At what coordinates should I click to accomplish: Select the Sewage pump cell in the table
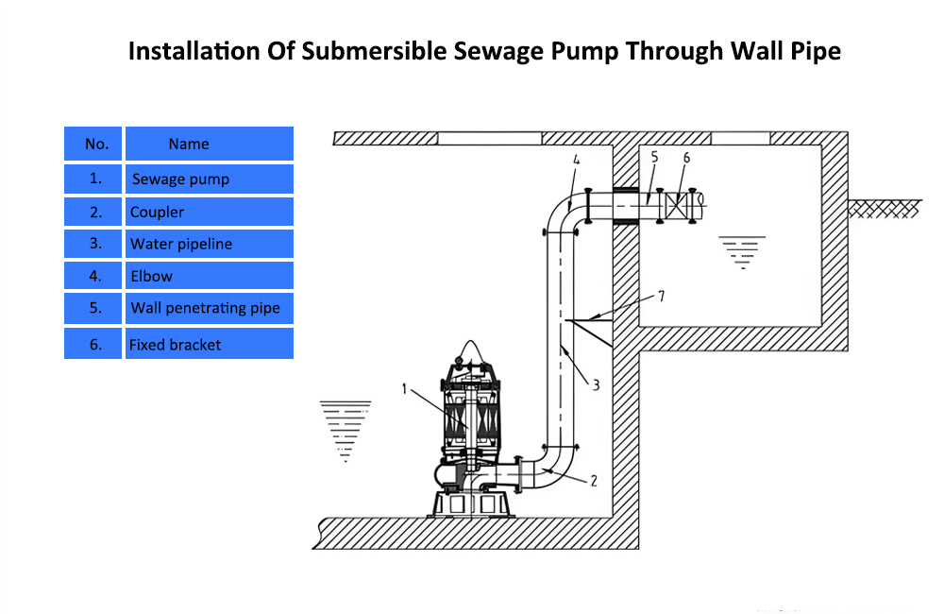(209, 179)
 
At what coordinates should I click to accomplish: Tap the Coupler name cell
(209, 212)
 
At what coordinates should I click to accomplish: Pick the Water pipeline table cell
(209, 244)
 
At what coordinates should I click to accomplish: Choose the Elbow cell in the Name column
(209, 276)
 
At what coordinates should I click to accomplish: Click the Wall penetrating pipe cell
(209, 308)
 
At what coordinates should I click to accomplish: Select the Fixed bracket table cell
(209, 344)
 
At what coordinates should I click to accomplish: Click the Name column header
(209, 144)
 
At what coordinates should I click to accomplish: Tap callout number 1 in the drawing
(404, 387)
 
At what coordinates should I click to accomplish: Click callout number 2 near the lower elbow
(594, 481)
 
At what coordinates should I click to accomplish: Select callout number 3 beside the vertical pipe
(597, 384)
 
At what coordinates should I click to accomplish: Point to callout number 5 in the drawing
(654, 157)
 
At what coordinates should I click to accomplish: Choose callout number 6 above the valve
(686, 157)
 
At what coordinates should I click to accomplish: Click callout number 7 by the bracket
(662, 297)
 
